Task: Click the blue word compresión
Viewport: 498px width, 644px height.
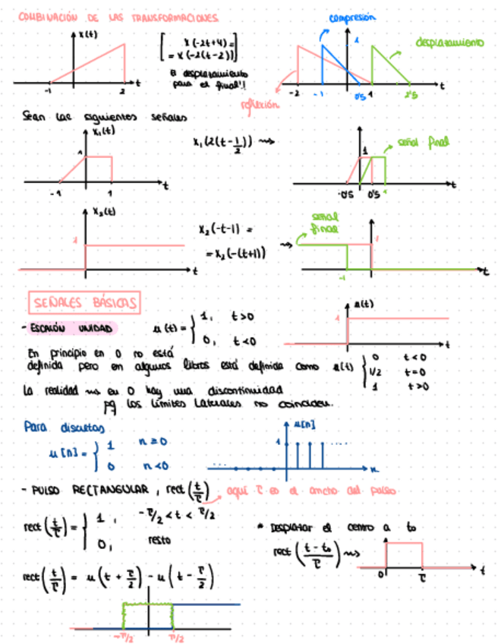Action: pyautogui.click(x=352, y=17)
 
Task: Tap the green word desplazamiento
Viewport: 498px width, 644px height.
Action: pyautogui.click(x=449, y=43)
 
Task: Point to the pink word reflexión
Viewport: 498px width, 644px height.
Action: pyautogui.click(x=259, y=104)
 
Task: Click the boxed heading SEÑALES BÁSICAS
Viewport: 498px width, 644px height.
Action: pyautogui.click(x=84, y=303)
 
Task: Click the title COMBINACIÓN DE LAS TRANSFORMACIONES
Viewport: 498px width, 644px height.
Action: pyautogui.click(x=118, y=17)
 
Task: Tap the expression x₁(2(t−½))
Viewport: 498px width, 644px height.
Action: pyautogui.click(x=223, y=142)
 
